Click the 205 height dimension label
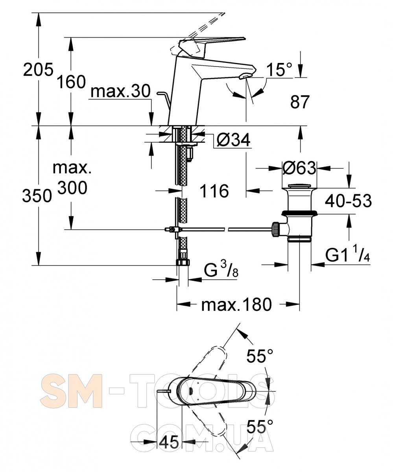coord(38,69)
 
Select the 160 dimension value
coord(71,82)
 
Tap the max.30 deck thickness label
coord(120,91)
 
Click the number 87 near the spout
coord(300,102)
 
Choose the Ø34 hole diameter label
coord(233,140)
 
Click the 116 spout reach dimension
coord(214,191)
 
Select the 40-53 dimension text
coord(348,201)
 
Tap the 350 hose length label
coord(37,195)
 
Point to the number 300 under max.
coord(72,188)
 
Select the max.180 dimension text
coord(236,304)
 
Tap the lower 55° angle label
coord(260,426)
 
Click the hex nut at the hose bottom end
coord(183,262)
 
